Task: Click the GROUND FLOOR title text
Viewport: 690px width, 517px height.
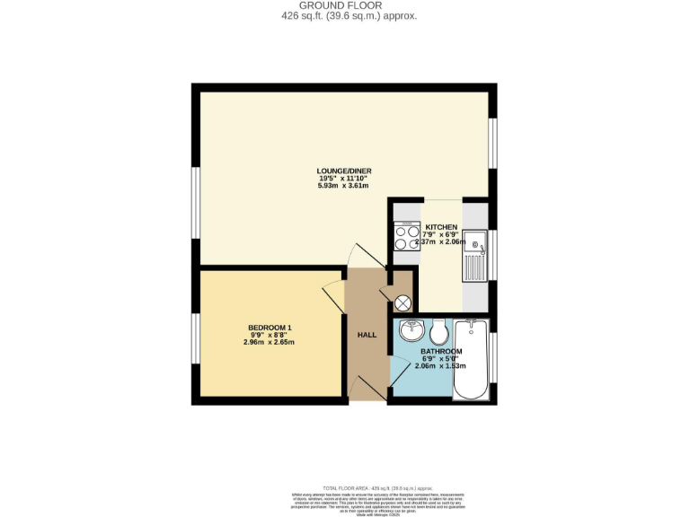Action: pyautogui.click(x=344, y=5)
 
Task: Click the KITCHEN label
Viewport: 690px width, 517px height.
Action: pyautogui.click(x=441, y=227)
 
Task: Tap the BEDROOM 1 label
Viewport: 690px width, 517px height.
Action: pyautogui.click(x=270, y=327)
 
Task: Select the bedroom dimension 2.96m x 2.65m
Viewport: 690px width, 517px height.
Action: pyautogui.click(x=270, y=342)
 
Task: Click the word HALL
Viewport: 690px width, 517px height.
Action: pyautogui.click(x=367, y=335)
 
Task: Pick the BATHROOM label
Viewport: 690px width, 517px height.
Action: pyautogui.click(x=441, y=351)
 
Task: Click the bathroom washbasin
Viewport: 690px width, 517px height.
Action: pyautogui.click(x=411, y=329)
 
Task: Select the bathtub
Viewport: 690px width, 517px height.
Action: pyautogui.click(x=471, y=359)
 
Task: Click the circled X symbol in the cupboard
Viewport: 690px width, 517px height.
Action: pyautogui.click(x=403, y=303)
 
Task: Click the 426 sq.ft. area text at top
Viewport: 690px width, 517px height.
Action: pyautogui.click(x=344, y=16)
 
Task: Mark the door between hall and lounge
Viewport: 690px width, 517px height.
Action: pyautogui.click(x=366, y=256)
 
